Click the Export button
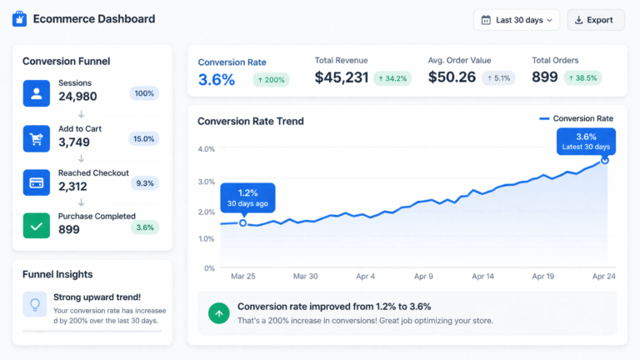(x=596, y=20)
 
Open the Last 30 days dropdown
(x=517, y=20)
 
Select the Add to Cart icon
(x=37, y=138)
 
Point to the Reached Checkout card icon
(x=37, y=182)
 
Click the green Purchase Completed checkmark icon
(x=37, y=225)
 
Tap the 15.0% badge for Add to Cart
(x=144, y=139)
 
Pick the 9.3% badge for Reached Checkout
(x=144, y=182)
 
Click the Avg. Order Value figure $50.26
(x=452, y=77)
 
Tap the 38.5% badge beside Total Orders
(x=582, y=78)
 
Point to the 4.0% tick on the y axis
(x=206, y=149)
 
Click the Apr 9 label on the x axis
(x=424, y=276)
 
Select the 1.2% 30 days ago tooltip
(x=247, y=197)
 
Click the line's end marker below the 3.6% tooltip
(x=604, y=159)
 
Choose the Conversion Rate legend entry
(x=576, y=118)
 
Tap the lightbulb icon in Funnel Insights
(x=35, y=305)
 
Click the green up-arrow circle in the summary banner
(x=218, y=313)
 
